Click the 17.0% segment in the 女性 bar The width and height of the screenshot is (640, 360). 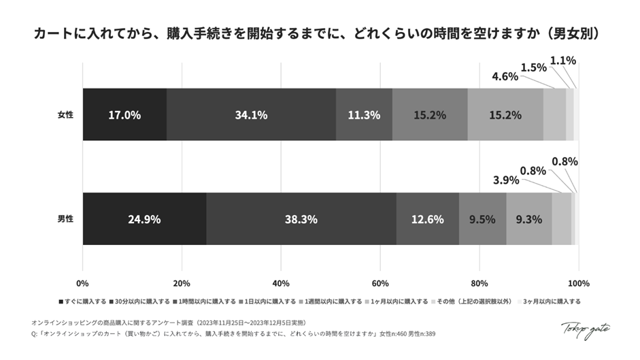point(124,115)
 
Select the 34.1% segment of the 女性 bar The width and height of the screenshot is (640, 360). point(251,115)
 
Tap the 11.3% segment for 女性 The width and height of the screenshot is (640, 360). point(364,115)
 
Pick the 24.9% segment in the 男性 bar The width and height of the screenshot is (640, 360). point(144,219)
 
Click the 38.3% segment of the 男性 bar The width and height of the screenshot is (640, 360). point(301,219)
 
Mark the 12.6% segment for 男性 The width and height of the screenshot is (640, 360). point(427,219)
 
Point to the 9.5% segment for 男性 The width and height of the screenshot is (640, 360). point(482,219)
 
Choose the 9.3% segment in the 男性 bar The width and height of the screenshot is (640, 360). point(528,219)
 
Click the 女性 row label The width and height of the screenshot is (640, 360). point(65,115)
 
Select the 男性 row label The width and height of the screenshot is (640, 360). point(65,219)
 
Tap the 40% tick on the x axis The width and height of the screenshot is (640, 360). point(281,283)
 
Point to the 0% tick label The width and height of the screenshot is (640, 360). point(83,283)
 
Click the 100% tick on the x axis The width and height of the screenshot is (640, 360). point(578,283)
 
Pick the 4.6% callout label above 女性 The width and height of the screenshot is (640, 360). point(505,76)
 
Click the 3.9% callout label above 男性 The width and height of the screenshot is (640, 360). point(505,180)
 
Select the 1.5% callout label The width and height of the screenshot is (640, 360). point(534,67)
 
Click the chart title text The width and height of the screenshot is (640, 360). point(320,34)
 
